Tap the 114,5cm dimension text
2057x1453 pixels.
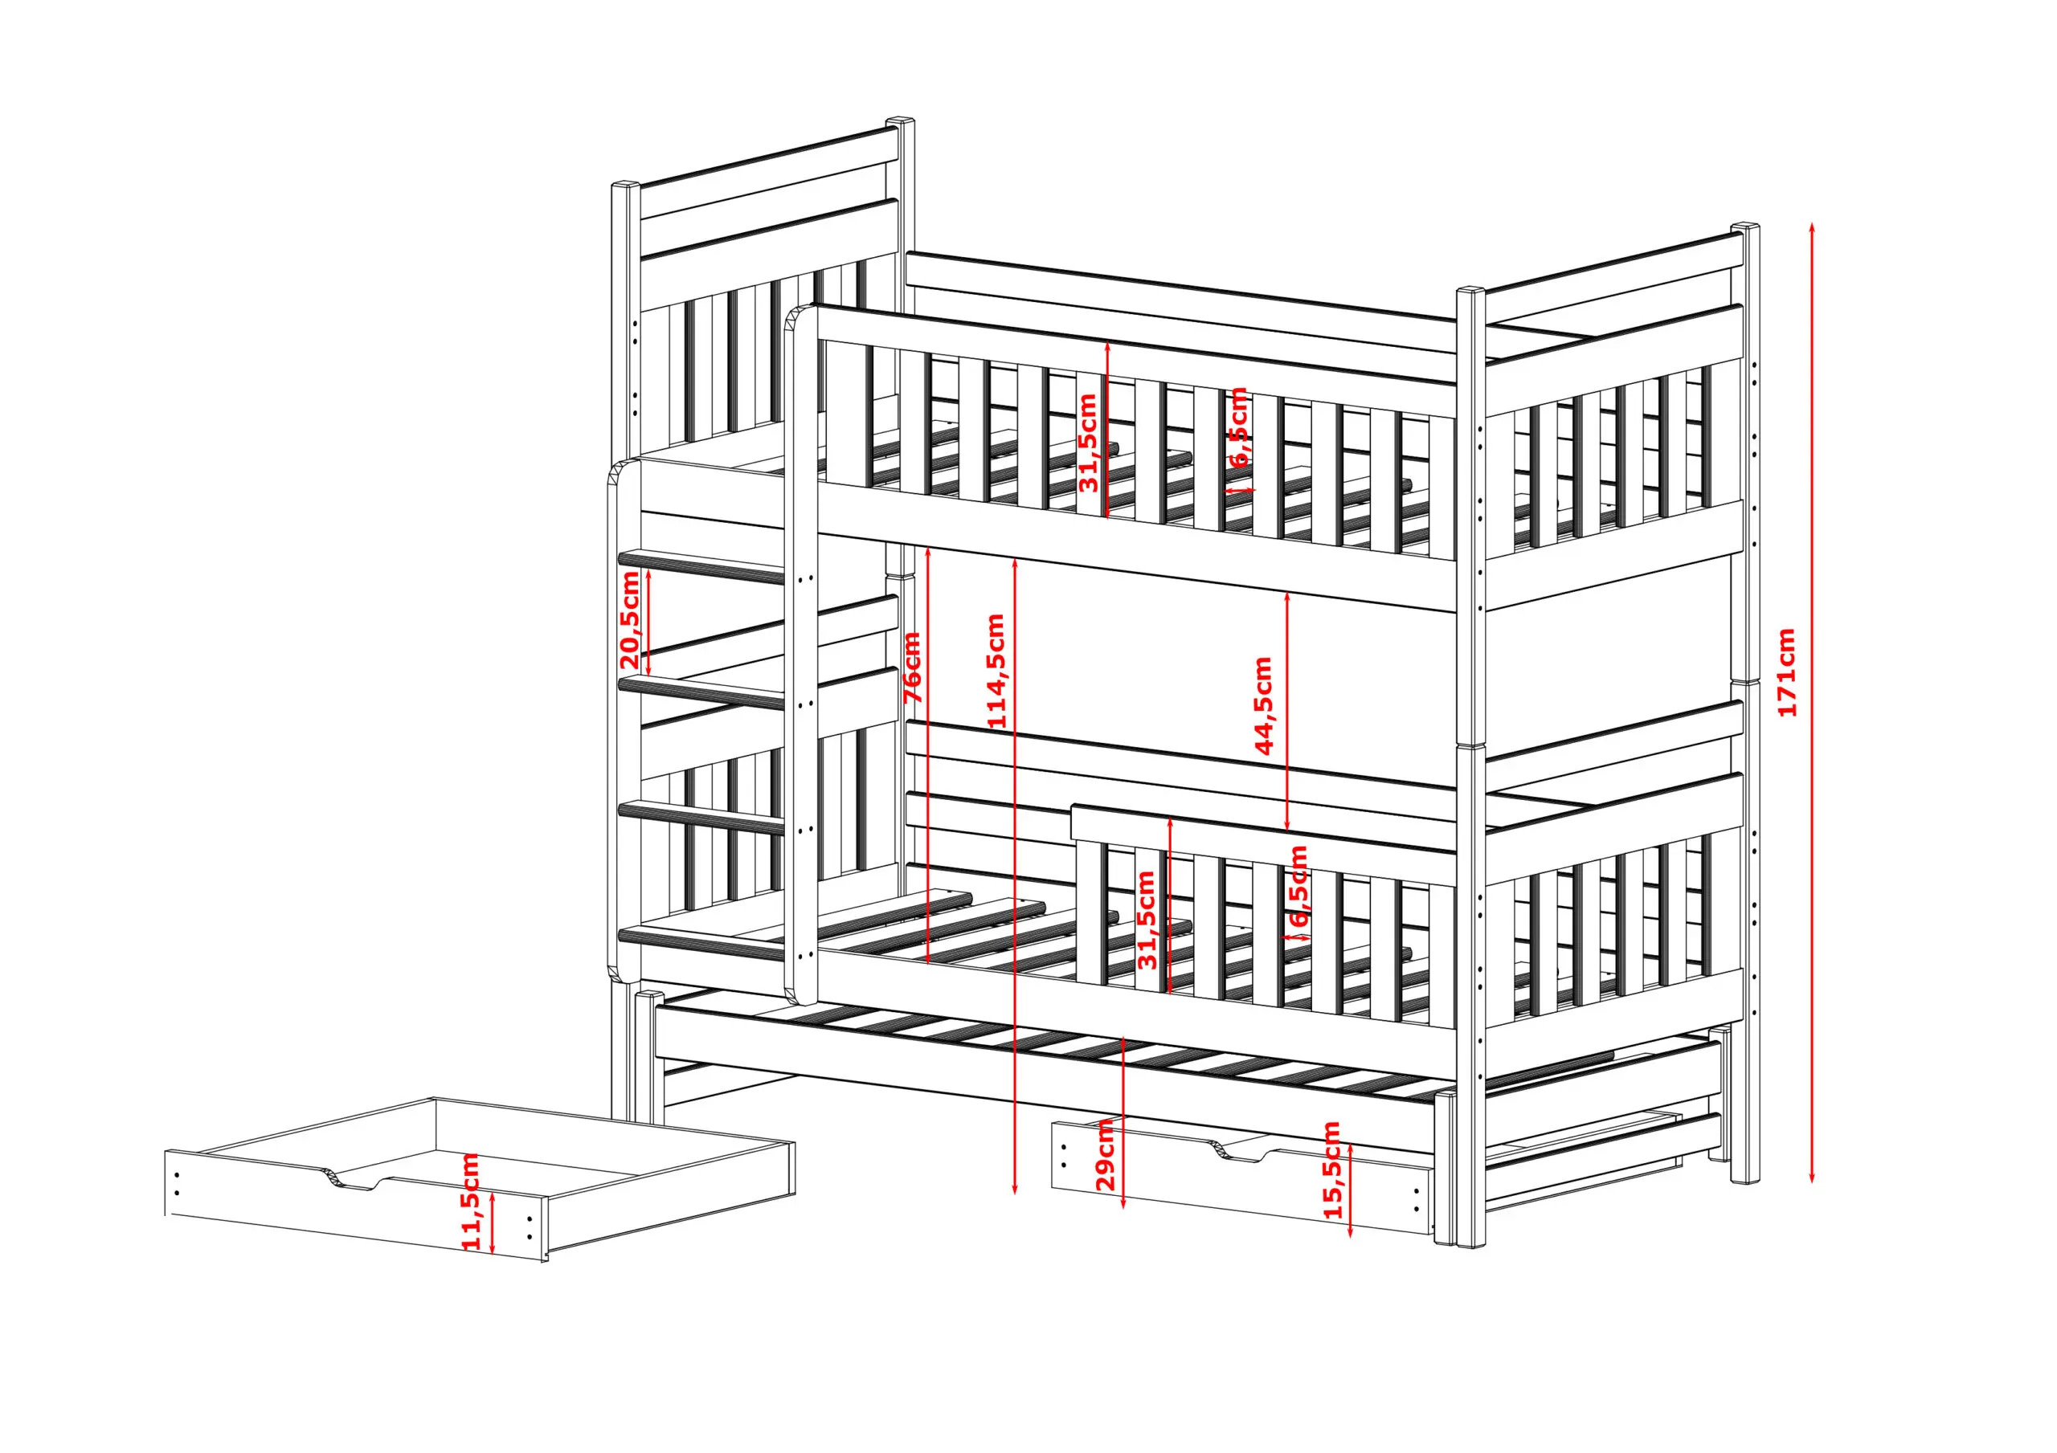tap(995, 671)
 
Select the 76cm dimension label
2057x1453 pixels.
tap(911, 667)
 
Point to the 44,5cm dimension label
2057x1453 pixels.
tap(1263, 706)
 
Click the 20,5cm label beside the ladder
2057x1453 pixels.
tap(630, 621)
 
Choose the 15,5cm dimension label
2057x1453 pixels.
tap(1332, 1170)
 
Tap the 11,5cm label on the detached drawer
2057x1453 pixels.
tap(470, 1202)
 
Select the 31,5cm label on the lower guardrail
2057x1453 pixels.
tap(1147, 920)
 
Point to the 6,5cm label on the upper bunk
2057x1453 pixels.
tap(1238, 427)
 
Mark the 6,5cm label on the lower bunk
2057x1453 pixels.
tap(1298, 886)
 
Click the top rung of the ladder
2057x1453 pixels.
tap(701, 568)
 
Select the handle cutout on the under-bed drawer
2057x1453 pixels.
tap(1241, 1153)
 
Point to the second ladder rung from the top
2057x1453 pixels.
tap(701, 692)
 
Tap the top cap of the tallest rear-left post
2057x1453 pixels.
tap(901, 122)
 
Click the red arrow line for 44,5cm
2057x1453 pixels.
tap(1287, 710)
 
